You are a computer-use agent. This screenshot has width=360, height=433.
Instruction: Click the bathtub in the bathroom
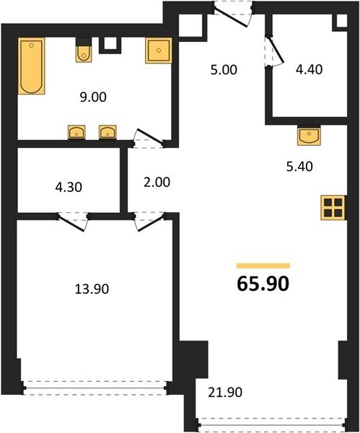(x=32, y=66)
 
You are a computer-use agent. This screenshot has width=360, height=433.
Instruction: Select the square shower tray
(x=159, y=51)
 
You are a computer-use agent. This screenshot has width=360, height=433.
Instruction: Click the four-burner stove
(x=333, y=208)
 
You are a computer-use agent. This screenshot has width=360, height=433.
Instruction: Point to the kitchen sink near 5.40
(x=309, y=135)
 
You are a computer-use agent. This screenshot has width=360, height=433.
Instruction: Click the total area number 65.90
(x=263, y=284)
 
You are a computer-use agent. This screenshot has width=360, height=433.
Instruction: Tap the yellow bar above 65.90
(x=263, y=266)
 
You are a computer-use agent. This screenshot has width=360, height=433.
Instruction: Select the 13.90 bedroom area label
(x=92, y=289)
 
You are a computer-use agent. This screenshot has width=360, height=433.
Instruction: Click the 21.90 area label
(x=225, y=392)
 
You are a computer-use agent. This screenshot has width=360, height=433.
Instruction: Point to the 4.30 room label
(x=69, y=188)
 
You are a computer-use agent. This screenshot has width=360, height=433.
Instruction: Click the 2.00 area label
(x=157, y=183)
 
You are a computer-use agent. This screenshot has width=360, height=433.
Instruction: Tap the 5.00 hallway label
(x=224, y=70)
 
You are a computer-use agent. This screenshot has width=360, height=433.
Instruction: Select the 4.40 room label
(x=309, y=69)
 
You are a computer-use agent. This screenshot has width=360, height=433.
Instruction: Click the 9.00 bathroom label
(x=93, y=97)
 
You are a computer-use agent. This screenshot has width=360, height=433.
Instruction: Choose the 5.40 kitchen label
(x=299, y=167)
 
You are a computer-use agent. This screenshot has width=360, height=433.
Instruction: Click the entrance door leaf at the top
(x=231, y=18)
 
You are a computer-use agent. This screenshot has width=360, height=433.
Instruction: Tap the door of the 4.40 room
(x=276, y=50)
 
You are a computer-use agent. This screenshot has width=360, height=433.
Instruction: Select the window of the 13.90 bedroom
(x=95, y=388)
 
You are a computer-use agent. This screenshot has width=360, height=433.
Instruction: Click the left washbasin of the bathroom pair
(x=76, y=132)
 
